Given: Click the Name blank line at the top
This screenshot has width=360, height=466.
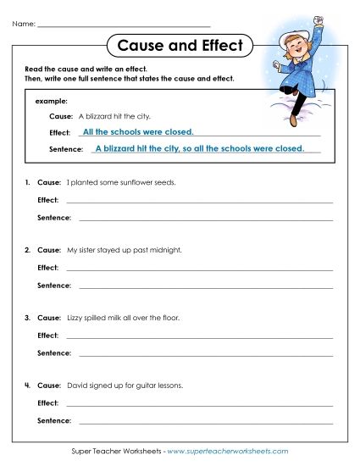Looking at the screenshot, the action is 124,26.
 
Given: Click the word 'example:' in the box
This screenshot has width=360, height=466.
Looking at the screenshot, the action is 51,101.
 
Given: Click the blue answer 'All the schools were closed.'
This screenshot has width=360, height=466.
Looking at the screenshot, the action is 139,132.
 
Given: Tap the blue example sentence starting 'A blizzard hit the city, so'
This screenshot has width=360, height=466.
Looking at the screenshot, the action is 199,148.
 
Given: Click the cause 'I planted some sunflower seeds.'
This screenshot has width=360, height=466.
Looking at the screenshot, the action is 120,182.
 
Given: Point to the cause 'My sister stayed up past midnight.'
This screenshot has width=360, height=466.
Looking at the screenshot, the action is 124,250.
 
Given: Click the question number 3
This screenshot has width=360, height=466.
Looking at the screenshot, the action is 27,318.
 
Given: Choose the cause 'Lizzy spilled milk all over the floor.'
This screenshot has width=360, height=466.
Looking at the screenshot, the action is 123,318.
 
